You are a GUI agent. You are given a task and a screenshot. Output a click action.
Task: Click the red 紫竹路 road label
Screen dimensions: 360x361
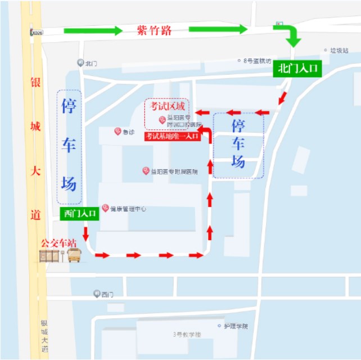[154, 30]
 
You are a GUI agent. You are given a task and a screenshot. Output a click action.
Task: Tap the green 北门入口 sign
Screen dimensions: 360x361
[298, 69]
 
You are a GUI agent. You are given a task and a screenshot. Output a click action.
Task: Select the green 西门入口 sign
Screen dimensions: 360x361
[79, 213]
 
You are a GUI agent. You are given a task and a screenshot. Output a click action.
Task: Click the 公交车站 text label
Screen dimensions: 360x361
[57, 242]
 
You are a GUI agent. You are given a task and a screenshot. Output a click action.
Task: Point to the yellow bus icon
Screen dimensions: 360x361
[74, 256]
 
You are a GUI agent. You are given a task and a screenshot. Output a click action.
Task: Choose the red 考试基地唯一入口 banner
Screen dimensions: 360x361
[172, 136]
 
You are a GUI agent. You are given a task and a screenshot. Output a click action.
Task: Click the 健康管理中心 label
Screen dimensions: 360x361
[128, 209]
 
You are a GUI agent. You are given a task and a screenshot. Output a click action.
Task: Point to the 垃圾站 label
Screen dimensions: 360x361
[339, 50]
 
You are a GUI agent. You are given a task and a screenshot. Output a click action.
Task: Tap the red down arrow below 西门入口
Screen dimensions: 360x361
[86, 233]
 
